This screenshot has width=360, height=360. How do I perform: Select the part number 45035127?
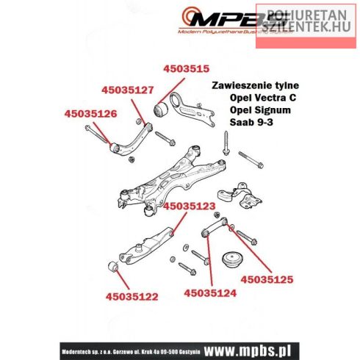[127, 91]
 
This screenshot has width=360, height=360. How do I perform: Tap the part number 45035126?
[91, 114]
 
